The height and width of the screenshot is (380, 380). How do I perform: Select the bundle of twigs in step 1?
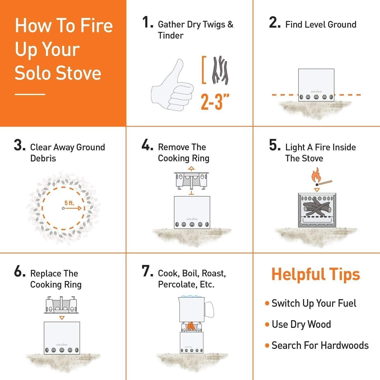[220, 70]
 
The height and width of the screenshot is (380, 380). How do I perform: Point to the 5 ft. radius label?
[69, 203]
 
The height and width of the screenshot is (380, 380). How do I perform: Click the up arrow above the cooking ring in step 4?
[192, 168]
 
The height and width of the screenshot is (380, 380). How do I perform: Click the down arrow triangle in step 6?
[62, 318]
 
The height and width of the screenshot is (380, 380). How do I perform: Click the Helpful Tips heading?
[316, 274]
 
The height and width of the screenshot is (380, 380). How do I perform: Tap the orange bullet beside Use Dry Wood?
[267, 325]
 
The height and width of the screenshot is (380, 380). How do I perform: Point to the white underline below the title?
[30, 94]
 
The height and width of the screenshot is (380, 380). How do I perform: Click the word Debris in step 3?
[43, 158]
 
